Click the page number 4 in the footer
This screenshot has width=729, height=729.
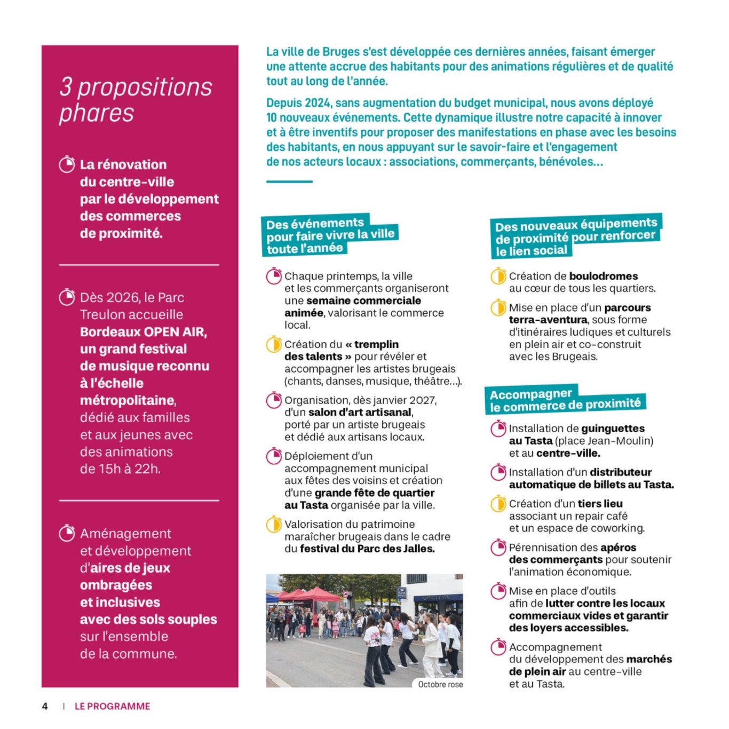pyautogui.click(x=45, y=706)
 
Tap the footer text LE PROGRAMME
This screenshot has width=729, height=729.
pyautogui.click(x=112, y=706)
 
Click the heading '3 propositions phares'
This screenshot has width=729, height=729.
pyautogui.click(x=136, y=100)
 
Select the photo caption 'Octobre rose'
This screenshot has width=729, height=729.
pyautogui.click(x=440, y=684)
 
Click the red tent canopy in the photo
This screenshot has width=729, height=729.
pyautogui.click(x=315, y=594)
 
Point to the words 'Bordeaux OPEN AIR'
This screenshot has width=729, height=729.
pyautogui.click(x=143, y=332)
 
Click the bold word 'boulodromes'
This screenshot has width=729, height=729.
pyautogui.click(x=604, y=276)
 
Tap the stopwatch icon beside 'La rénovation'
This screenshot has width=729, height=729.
pyautogui.click(x=67, y=164)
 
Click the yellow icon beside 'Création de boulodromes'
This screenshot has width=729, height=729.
pyautogui.click(x=498, y=276)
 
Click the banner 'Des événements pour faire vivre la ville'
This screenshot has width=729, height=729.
pyautogui.click(x=329, y=235)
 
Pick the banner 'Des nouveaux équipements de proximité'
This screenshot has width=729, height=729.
pyautogui.click(x=575, y=237)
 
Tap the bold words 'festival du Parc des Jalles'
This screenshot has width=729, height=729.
pyautogui.click(x=367, y=549)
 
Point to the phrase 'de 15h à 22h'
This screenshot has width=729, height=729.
pyautogui.click(x=120, y=469)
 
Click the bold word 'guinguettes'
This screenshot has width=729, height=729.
pyautogui.click(x=613, y=429)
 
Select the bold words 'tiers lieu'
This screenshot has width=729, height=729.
pyautogui.click(x=600, y=504)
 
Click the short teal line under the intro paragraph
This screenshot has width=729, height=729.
pyautogui.click(x=289, y=182)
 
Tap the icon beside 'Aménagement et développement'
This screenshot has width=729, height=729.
pyautogui.click(x=67, y=533)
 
